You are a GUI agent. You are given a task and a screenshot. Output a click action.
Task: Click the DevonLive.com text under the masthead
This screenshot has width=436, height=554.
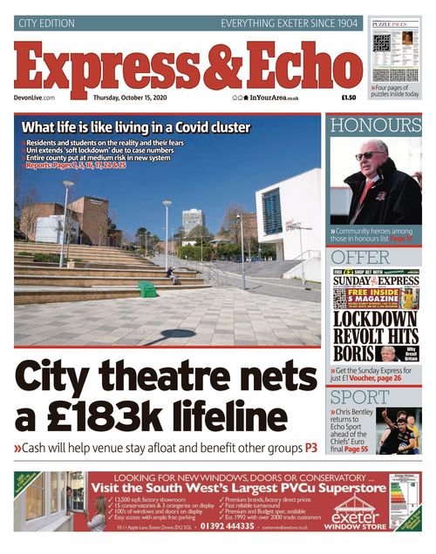pyautogui.click(x=35, y=98)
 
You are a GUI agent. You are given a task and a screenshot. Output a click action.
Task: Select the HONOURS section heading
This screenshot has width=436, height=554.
pyautogui.click(x=375, y=125)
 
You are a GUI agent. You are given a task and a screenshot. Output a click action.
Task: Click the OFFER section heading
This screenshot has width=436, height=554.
pyautogui.click(x=361, y=258)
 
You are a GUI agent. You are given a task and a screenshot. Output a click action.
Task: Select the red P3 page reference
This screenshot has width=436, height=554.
pyautogui.click(x=310, y=448)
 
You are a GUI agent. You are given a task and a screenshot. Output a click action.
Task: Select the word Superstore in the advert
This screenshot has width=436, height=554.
pyautogui.click(x=349, y=488)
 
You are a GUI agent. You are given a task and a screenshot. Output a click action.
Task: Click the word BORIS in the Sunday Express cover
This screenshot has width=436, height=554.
pyautogui.click(x=356, y=354)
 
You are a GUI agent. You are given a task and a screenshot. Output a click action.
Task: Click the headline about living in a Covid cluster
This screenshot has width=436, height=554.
pyautogui.click(x=135, y=127)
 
